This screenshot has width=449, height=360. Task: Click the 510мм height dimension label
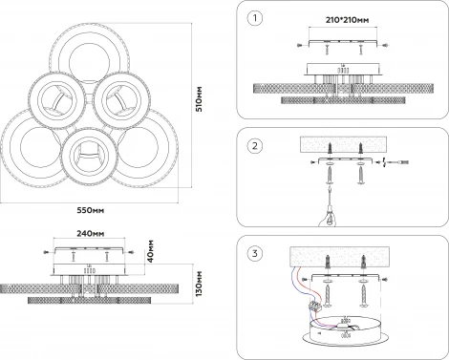[x=199, y=98]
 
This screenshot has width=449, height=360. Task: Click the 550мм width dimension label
[x=91, y=210]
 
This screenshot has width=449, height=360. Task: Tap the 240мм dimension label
[x=91, y=233]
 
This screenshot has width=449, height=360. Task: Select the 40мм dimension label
[x=151, y=251]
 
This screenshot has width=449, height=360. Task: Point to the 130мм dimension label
[x=199, y=284]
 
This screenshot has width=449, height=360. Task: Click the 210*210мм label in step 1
[x=348, y=20]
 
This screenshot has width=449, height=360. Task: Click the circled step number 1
[x=255, y=18]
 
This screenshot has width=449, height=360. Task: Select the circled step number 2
[x=255, y=146]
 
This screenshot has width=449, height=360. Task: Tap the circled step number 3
[x=255, y=254]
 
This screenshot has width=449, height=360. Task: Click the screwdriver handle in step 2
[x=329, y=219]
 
